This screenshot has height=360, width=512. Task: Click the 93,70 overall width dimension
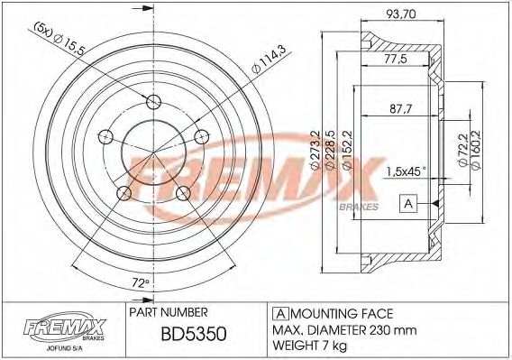coord(402,14)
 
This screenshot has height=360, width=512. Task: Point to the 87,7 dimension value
coord(401,110)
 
